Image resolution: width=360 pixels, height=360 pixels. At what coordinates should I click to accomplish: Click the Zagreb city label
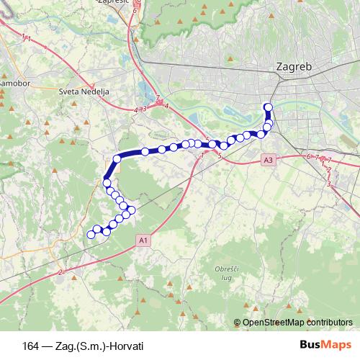tap(294, 66)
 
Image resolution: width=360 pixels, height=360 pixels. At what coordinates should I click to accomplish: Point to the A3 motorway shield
tap(269, 160)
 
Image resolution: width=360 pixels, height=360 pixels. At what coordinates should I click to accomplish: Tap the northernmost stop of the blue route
tap(269, 108)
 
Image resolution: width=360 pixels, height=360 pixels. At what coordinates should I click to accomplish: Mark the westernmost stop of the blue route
tap(91, 234)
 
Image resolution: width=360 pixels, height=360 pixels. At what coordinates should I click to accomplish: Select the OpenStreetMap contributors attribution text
tap(297, 323)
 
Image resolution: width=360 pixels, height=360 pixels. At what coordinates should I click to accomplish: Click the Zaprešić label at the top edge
tap(113, 3)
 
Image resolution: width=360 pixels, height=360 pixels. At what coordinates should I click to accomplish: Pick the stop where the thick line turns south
tap(117, 159)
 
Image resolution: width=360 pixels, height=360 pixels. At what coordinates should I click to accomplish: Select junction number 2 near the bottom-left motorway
tap(62, 271)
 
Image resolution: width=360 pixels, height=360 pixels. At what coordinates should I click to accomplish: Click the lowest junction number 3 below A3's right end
tap(328, 184)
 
